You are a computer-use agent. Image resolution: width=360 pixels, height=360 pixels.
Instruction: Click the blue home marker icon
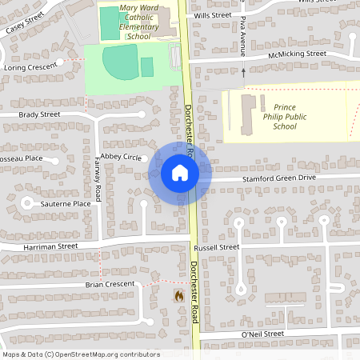click(179, 172)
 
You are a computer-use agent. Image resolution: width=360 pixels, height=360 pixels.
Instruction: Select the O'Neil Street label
click(262, 333)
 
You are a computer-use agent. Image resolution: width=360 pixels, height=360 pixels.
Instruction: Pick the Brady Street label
click(39, 114)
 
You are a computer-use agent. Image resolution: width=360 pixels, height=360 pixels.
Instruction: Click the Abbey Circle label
click(120, 157)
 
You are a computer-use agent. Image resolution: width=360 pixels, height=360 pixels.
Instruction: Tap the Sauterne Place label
click(66, 204)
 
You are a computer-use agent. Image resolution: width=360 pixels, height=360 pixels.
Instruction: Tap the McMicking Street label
click(298, 54)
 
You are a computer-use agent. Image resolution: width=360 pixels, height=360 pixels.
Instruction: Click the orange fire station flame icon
click(178, 295)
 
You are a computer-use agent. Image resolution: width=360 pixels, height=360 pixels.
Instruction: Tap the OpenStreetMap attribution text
click(81, 354)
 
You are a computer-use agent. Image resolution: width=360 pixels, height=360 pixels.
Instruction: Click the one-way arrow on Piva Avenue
click(243, 72)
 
